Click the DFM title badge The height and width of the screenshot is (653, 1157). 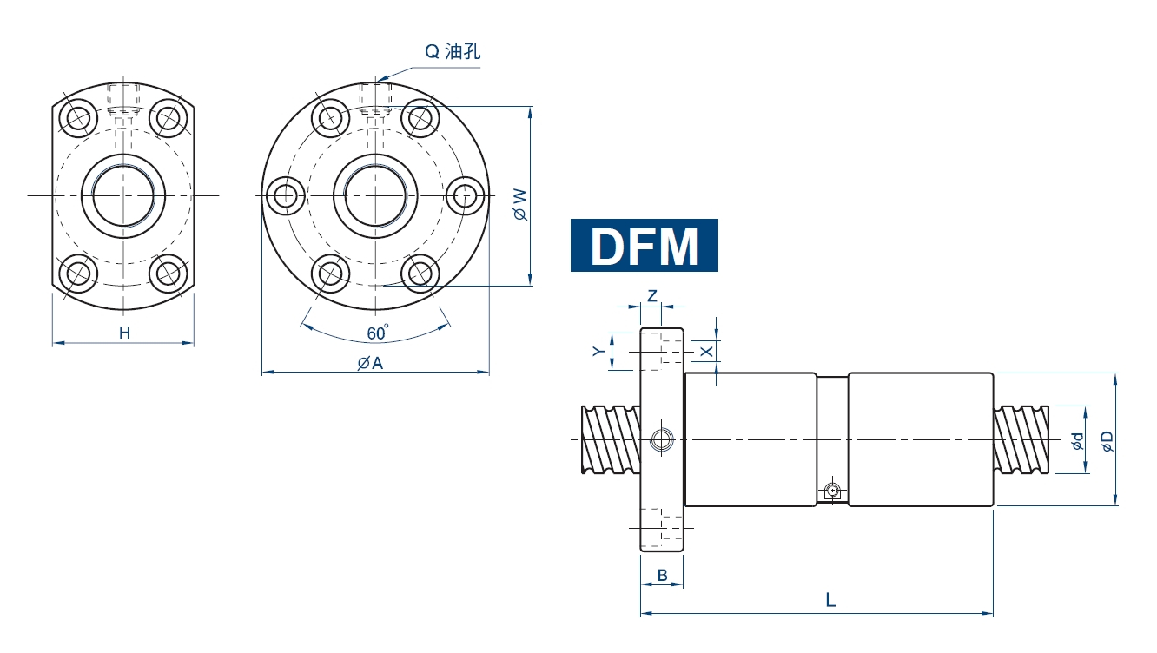tap(644, 246)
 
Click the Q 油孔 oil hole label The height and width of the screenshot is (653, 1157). tap(452, 52)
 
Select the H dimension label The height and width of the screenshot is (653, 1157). tap(124, 333)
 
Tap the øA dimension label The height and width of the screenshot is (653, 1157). tap(371, 363)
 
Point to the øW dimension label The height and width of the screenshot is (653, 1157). tap(519, 203)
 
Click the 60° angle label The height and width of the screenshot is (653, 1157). tap(377, 333)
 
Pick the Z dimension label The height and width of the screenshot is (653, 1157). tap(651, 296)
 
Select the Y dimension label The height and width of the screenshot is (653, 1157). tap(598, 351)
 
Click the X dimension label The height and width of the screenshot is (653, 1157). tap(706, 352)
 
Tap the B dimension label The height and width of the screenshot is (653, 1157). tap(662, 575)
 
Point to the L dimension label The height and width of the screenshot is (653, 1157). tap(830, 600)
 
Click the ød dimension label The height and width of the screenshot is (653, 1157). tap(1077, 441)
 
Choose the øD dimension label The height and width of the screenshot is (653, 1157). tap(1107, 441)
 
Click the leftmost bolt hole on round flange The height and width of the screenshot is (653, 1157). tap(286, 195)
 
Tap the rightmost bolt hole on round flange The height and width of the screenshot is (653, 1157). tap(466, 195)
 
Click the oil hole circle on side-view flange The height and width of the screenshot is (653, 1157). tap(662, 440)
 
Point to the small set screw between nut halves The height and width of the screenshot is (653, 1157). tap(832, 491)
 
